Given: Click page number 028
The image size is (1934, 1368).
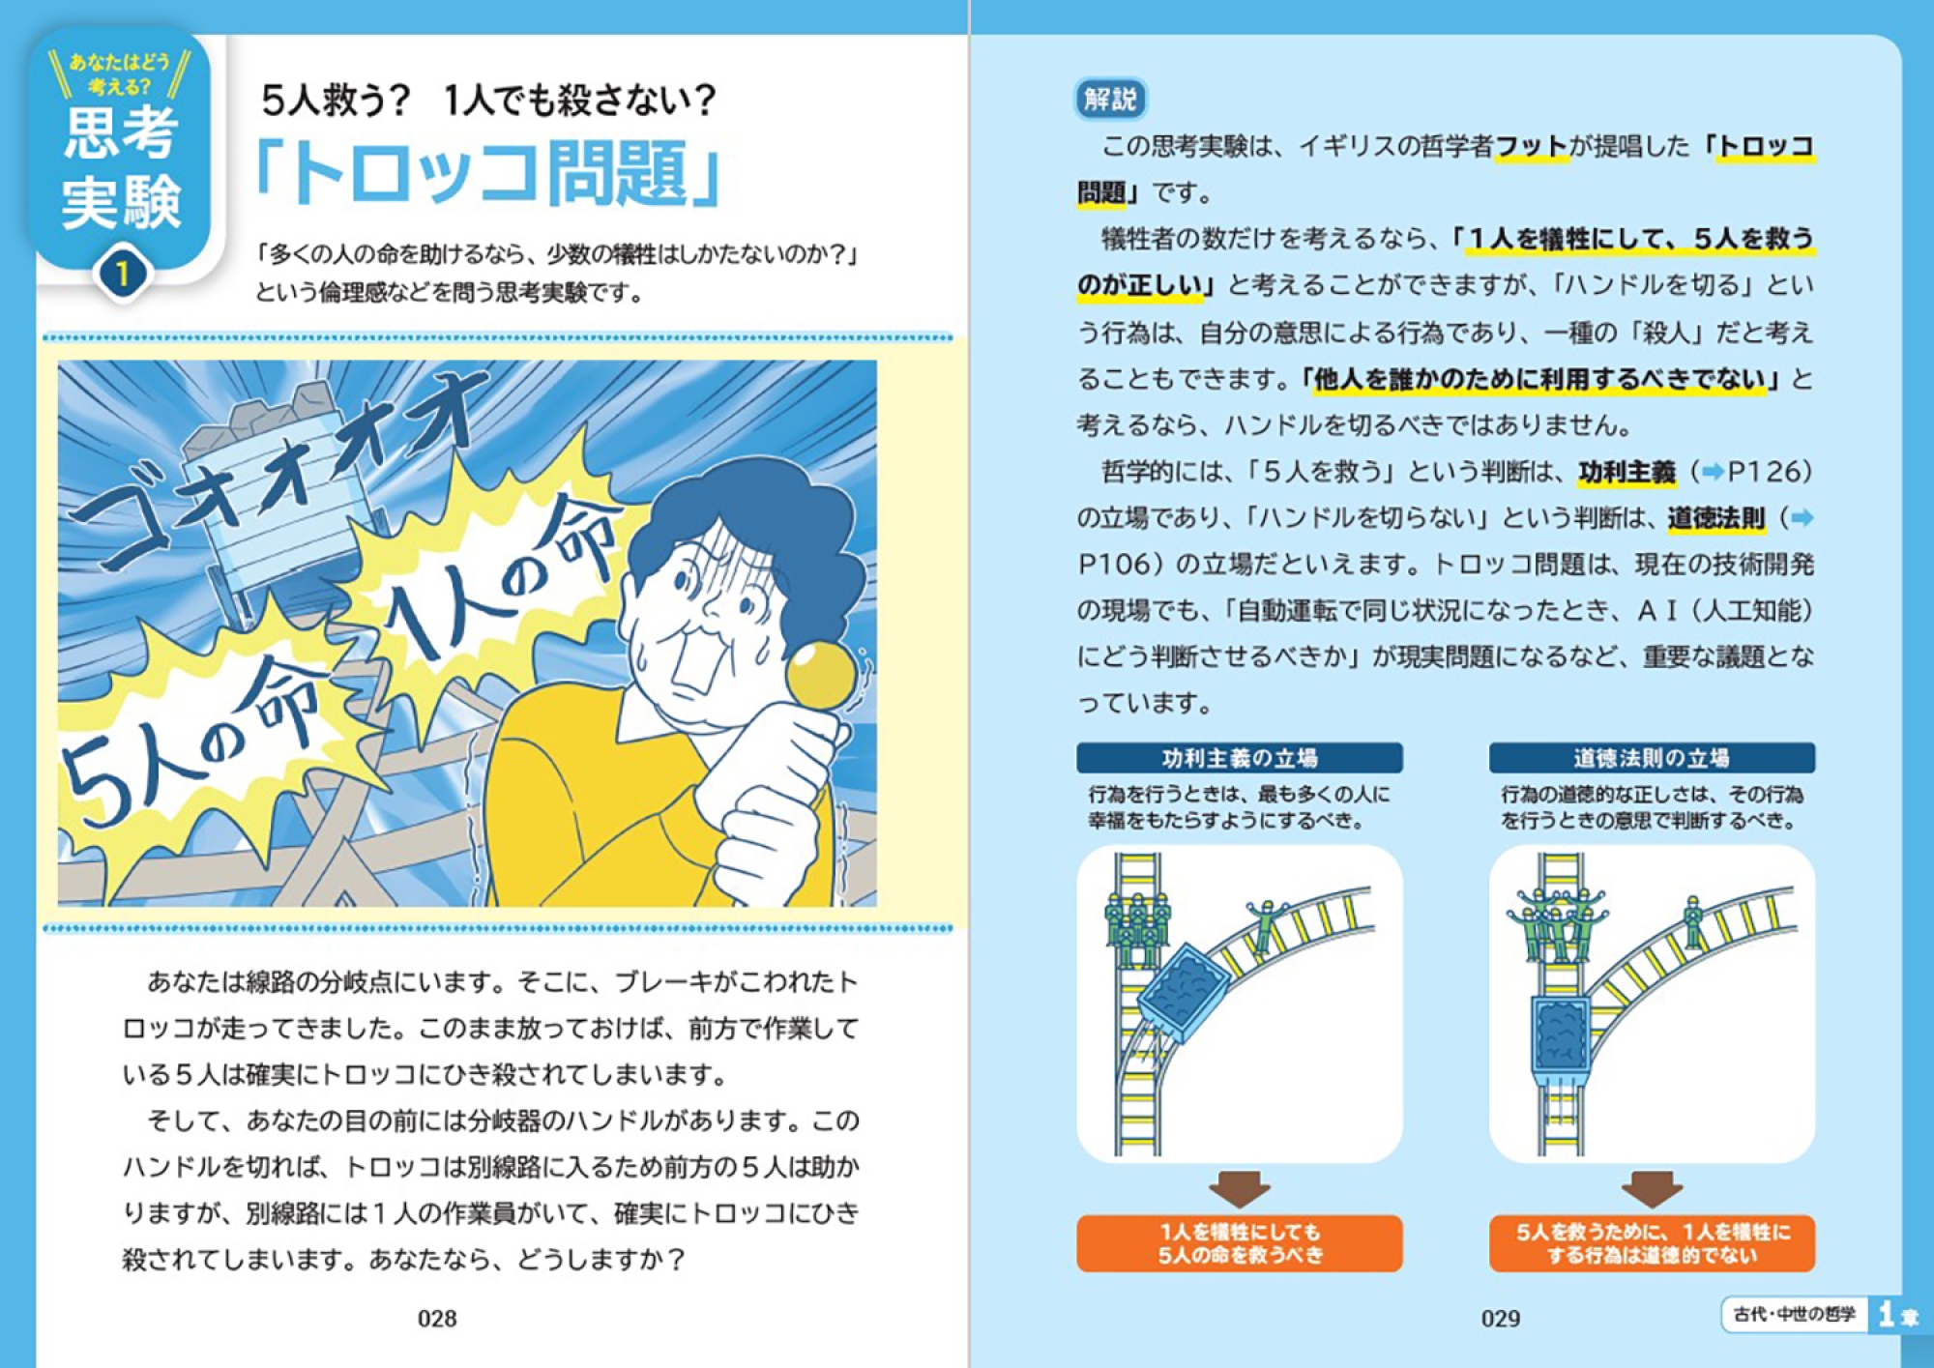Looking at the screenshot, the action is pos(437,1319).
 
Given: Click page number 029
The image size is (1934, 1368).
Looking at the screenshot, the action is pos(1501,1319).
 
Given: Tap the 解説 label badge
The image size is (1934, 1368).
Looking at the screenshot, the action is pos(1111,99).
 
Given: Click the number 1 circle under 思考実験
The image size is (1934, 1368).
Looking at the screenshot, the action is pos(122,275).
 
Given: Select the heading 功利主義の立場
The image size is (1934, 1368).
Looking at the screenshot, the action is pos(1240,758).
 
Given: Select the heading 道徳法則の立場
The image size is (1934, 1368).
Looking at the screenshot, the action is pos(1652,758).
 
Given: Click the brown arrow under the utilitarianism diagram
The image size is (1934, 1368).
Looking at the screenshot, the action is pos(1240,1188).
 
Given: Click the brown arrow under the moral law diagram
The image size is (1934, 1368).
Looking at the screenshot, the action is pos(1652,1188).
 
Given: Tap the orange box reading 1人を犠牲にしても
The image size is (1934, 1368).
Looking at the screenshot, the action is pos(1240,1243).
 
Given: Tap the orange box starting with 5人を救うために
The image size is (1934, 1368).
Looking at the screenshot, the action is pos(1652,1243).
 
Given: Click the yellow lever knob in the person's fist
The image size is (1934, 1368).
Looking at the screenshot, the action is pos(820,673).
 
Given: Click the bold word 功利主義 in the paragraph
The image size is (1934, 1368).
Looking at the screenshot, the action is pos(1627,472).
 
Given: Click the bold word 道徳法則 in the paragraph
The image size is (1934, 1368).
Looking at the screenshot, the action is pos(1716,518).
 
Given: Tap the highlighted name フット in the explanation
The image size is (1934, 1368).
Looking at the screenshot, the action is pos(1531,146).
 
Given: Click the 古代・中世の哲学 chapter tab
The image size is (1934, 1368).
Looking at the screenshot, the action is pos(1794,1315).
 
